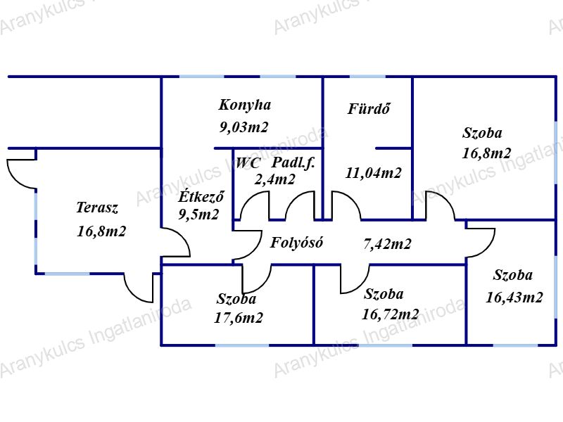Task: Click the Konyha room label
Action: [x=244, y=105]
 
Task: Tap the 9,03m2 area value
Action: [x=243, y=127]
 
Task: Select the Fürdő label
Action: [x=369, y=109]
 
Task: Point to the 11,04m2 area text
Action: [x=374, y=173]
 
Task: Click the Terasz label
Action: [x=96, y=207]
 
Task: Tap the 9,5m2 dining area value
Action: [x=198, y=215]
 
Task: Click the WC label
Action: [x=248, y=163]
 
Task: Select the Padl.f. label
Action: [x=294, y=163]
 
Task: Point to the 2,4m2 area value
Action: [x=274, y=179]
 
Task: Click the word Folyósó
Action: [x=296, y=243]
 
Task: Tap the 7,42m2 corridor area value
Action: [x=387, y=245]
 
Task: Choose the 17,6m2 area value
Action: [x=239, y=318]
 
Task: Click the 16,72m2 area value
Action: [x=391, y=314]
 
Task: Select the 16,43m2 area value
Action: [x=514, y=298]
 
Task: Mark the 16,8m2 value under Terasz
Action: [x=101, y=231]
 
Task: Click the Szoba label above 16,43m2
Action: [x=512, y=276]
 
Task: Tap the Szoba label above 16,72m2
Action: [x=384, y=294]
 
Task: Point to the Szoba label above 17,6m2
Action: [x=236, y=299]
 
